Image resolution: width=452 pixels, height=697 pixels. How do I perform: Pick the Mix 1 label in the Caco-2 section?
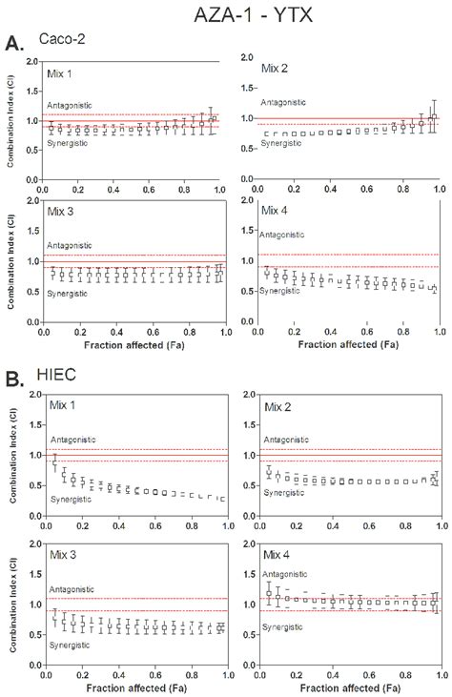click(62, 73)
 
